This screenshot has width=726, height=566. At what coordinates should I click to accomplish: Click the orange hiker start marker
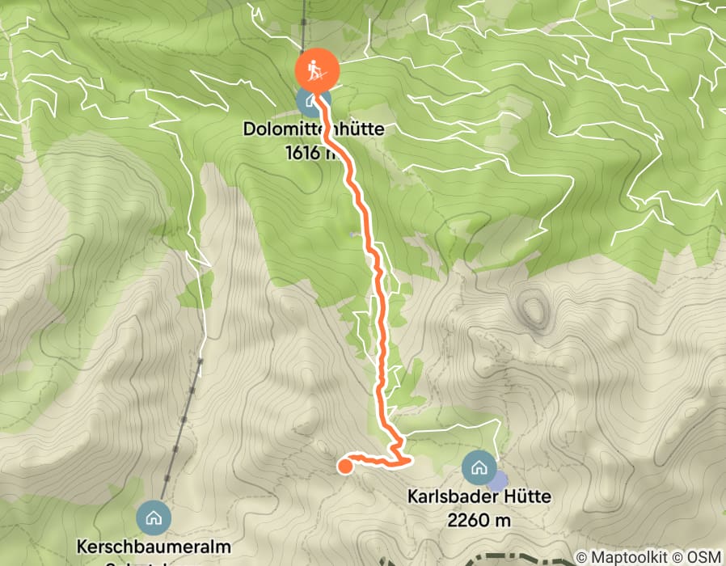pyautogui.click(x=317, y=70)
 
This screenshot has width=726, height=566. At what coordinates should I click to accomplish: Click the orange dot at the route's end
pyautogui.click(x=344, y=465)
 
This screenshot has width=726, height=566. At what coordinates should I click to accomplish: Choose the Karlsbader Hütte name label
pyautogui.click(x=479, y=496)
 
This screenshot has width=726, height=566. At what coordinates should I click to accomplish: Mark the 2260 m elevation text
pyautogui.click(x=479, y=520)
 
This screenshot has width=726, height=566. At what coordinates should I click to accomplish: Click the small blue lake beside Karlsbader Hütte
pyautogui.click(x=498, y=481)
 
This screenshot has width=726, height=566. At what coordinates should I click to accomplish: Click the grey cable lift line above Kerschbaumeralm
pyautogui.click(x=184, y=420)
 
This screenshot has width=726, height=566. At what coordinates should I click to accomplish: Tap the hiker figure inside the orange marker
pyautogui.click(x=317, y=70)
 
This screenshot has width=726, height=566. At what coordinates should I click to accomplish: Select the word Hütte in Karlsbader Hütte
pyautogui.click(x=526, y=496)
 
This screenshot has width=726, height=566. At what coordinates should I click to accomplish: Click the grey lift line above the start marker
pyautogui.click(x=306, y=24)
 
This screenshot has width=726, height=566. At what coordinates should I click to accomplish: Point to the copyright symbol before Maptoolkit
pyautogui.click(x=580, y=557)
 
